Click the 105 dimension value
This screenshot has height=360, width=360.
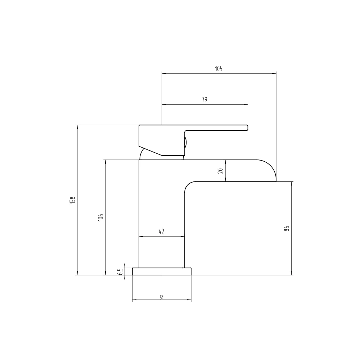[x=219, y=69]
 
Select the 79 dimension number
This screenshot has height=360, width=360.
[x=204, y=100]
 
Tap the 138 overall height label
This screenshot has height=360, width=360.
[x=73, y=200]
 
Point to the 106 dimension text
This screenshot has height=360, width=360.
[x=101, y=217]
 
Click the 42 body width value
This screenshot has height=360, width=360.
[x=161, y=231]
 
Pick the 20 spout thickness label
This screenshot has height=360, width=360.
[x=221, y=171]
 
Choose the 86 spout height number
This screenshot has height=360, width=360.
[x=287, y=229]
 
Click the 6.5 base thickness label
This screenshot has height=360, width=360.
[x=120, y=271]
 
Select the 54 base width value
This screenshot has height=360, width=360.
[x=162, y=297]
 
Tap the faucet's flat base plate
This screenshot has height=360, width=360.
[x=162, y=271]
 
